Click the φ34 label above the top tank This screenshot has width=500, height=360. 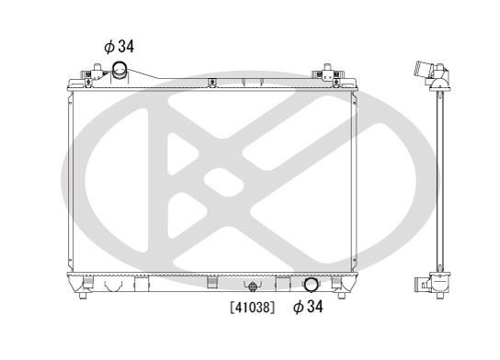coord(119,47)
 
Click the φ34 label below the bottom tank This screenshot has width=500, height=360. coord(308,307)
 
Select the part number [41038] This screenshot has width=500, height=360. coord(252,308)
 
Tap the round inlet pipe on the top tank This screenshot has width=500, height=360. coord(119,70)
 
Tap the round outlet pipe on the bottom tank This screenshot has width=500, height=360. coord(311,285)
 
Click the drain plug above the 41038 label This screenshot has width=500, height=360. coord(253,287)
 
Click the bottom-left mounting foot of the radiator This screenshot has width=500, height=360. coord(83,295)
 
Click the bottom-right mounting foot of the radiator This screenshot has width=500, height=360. coord(342,295)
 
